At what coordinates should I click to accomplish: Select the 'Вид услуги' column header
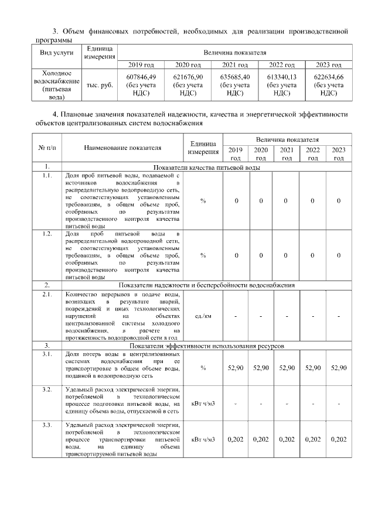click(56, 52)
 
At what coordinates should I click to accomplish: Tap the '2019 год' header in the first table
click(141, 64)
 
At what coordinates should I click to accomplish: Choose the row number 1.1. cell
click(47, 175)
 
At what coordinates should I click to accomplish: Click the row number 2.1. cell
click(47, 294)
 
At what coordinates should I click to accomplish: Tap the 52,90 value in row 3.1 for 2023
click(339, 367)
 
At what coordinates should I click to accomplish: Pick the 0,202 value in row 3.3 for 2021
click(287, 439)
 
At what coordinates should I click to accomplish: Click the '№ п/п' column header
click(47, 148)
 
